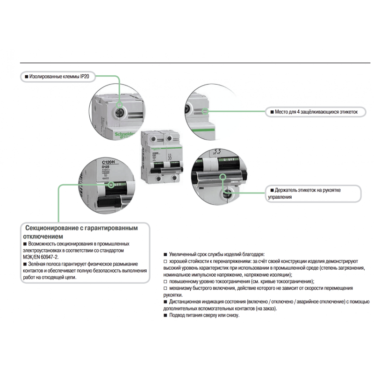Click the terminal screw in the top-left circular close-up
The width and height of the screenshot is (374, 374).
(120, 112)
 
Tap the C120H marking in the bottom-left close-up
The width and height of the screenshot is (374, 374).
(109, 162)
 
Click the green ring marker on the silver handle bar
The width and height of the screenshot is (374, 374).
(223, 177)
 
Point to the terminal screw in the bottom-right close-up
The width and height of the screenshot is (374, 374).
(226, 193)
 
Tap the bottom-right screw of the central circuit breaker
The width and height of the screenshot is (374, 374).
(174, 178)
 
